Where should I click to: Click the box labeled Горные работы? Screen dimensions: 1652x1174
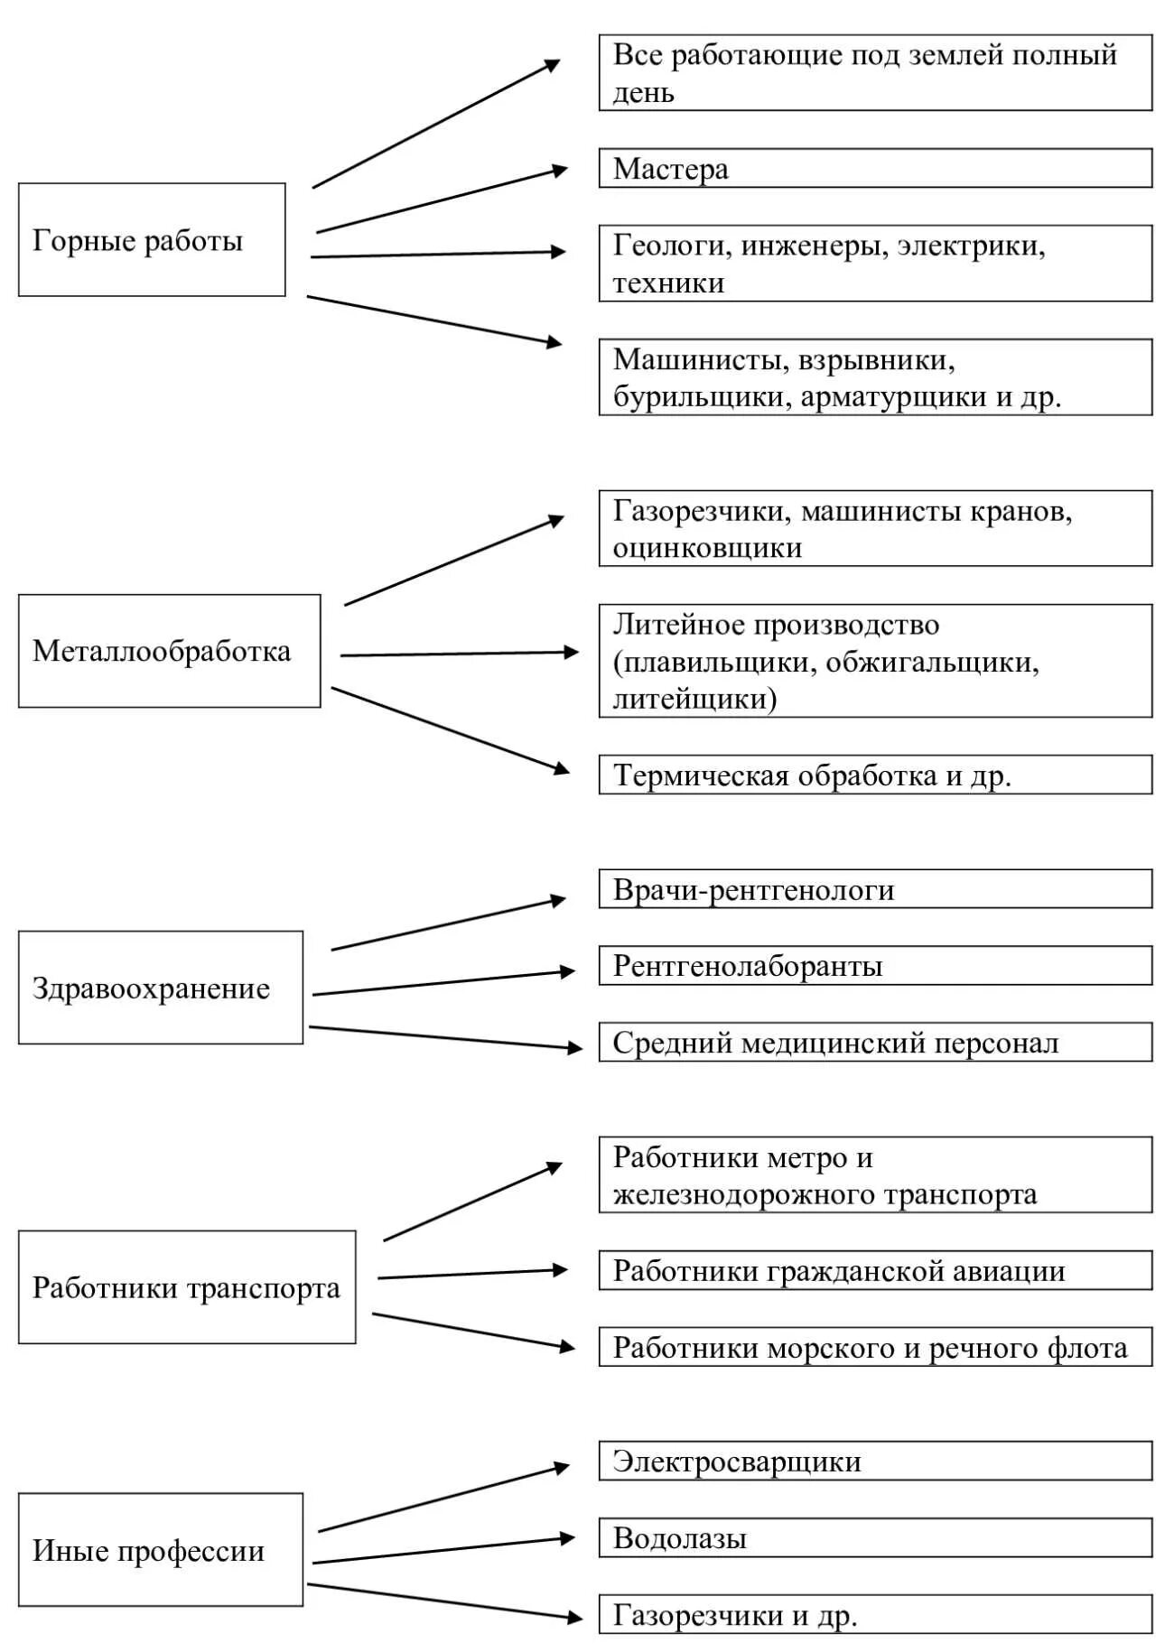point(152,240)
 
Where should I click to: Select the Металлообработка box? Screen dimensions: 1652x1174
point(169,651)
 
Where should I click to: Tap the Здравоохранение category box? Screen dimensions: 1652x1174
point(161,988)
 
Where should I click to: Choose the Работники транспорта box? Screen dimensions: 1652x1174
point(187,1287)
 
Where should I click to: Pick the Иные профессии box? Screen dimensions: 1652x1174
point(161,1550)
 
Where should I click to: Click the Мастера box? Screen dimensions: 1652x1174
point(875,169)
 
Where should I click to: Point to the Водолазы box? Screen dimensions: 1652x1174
point(875,1537)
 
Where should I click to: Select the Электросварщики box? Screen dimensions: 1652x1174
point(875,1461)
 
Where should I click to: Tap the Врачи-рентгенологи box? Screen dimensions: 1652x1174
point(875,889)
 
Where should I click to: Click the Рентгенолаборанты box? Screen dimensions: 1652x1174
point(875,966)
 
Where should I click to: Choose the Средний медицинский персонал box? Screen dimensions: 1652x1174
point(875,1043)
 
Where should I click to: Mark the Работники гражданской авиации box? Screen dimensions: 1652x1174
point(875,1270)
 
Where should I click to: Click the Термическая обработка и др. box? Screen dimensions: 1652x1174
point(875,775)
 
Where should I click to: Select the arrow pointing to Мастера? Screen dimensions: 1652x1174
point(442,200)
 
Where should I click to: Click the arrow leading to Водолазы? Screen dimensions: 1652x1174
point(443,1550)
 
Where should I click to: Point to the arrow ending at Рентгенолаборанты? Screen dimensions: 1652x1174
point(443,983)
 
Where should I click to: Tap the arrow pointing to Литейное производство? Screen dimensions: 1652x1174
point(459,654)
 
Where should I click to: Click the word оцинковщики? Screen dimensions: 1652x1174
point(707,548)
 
